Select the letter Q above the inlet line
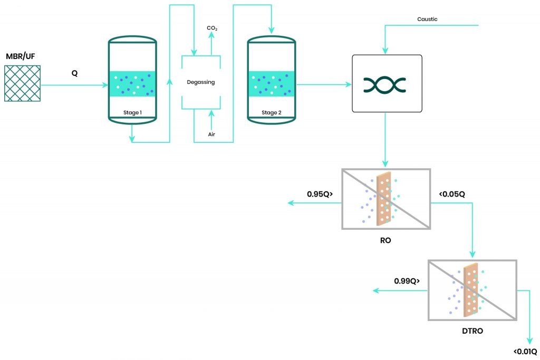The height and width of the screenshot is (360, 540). tap(75, 73)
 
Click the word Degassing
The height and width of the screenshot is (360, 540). tap(201, 82)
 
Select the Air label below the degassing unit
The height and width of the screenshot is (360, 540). tap(211, 134)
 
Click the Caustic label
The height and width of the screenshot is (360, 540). tap(427, 20)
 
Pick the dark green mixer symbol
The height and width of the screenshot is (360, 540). tap(384, 84)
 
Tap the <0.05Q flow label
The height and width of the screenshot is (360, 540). tap(452, 194)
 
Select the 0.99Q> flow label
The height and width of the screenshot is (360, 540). tap(407, 281)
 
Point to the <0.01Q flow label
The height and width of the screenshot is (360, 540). tap(525, 352)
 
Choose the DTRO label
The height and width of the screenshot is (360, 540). tap(471, 332)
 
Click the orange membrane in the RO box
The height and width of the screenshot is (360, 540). tap(384, 199)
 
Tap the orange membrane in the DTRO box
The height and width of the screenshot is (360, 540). tap(470, 290)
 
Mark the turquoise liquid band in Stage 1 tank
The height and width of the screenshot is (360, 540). tap(132, 84)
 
